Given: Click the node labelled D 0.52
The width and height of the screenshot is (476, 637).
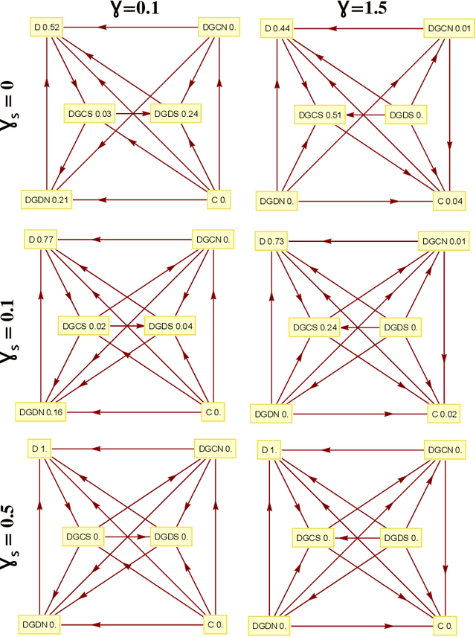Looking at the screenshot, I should click(47, 28).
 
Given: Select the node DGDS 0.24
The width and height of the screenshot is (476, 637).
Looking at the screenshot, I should click(177, 114).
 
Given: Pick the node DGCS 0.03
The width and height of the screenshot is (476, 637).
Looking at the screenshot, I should click(90, 114).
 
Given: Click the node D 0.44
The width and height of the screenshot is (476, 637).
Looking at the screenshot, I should click(276, 29).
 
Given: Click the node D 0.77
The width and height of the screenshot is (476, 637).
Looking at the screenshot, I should click(43, 240).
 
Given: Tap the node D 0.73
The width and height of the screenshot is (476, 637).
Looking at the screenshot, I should click(272, 241).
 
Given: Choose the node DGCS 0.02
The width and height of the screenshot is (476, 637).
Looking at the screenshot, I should click(83, 326).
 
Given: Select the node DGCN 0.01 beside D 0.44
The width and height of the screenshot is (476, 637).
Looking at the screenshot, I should click(448, 29).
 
